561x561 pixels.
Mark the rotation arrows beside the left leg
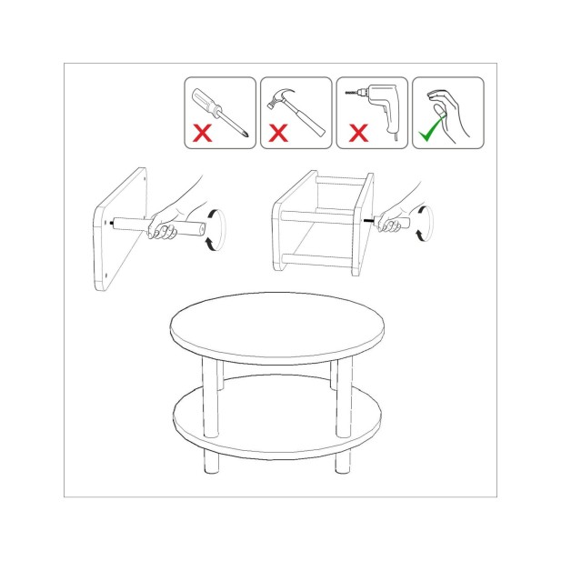pyautogui.click(x=213, y=227)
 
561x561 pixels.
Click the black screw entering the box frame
pyautogui.click(x=369, y=219)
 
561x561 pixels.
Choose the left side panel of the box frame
pyautogui.click(x=285, y=223)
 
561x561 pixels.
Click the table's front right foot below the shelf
pyautogui.click(x=343, y=460)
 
